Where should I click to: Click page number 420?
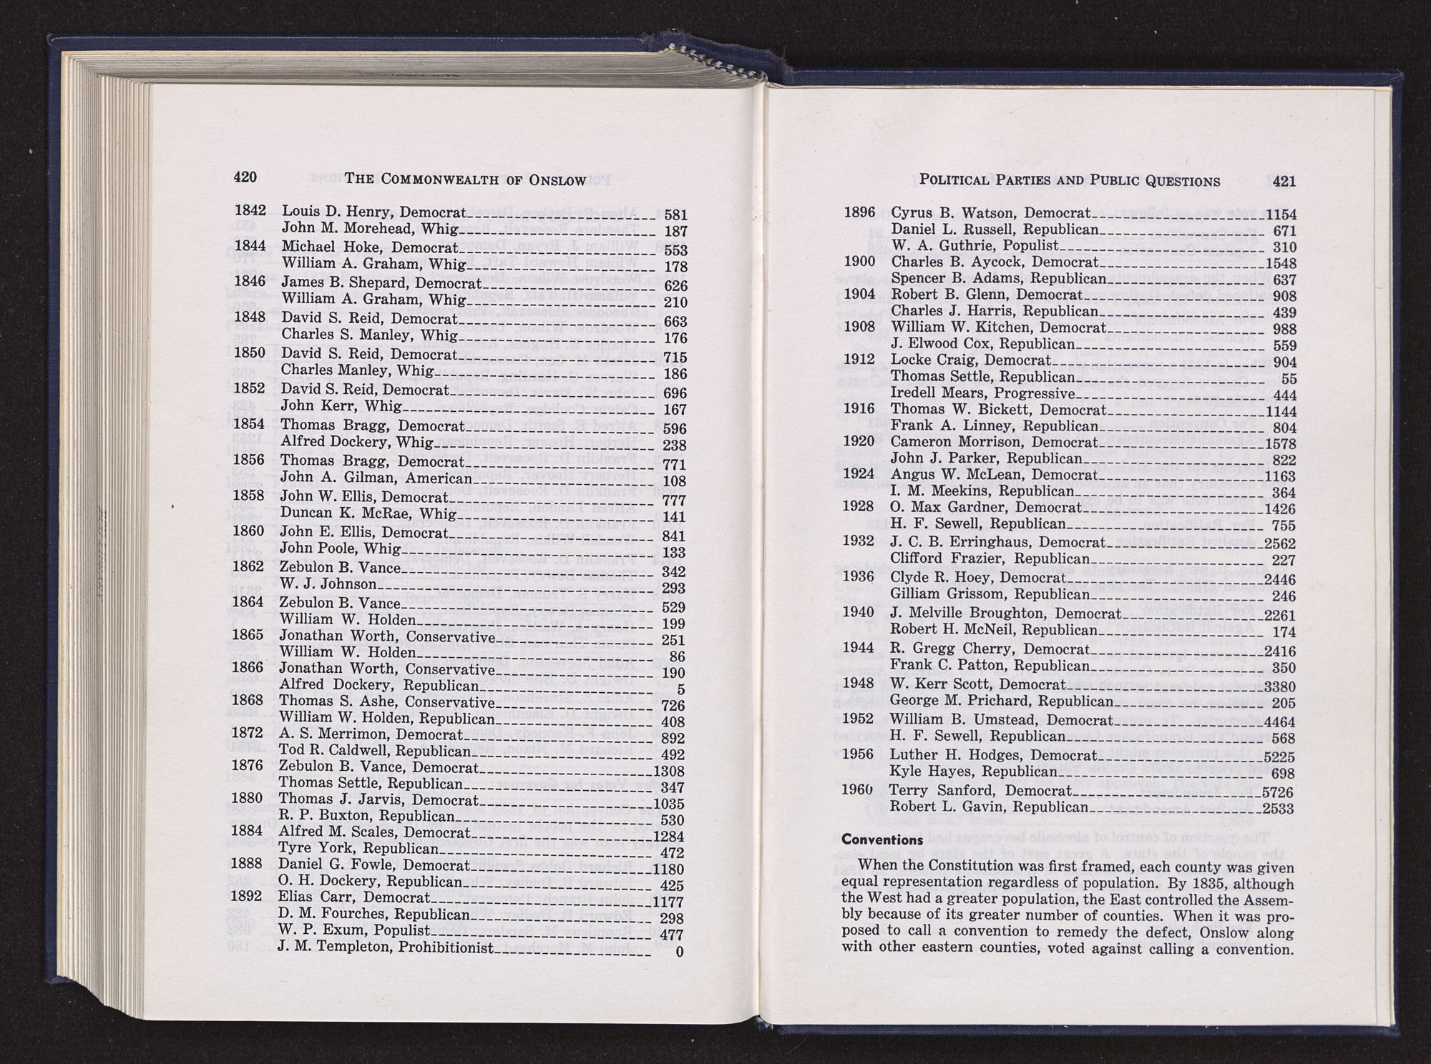coord(245,177)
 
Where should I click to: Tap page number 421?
coord(1284,181)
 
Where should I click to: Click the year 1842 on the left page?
coord(250,211)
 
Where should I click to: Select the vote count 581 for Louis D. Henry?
coord(675,215)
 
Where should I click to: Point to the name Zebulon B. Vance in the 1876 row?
coord(336,767)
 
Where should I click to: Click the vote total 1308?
coord(669,771)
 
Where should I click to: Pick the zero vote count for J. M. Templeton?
coord(680,952)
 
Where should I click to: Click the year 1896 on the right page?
coord(859,212)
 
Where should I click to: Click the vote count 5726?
coord(1279,793)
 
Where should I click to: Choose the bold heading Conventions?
coord(881,839)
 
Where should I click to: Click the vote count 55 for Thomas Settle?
coord(1288,379)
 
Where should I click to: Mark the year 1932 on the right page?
coord(859,541)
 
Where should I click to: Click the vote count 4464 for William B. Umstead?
coord(1279,721)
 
